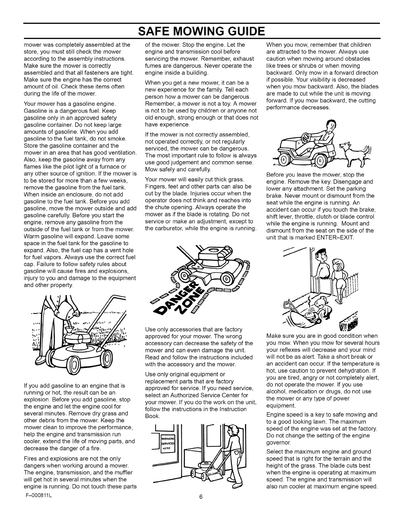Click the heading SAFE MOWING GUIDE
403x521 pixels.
(201, 32)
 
